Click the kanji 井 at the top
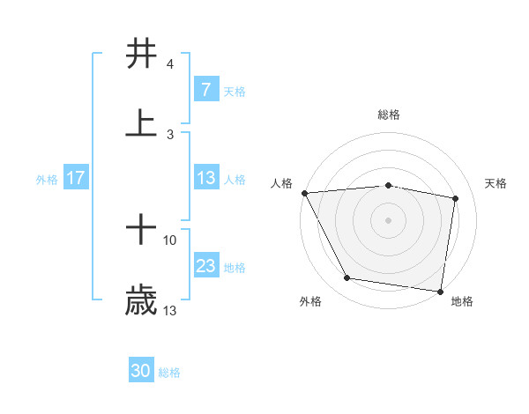(142, 54)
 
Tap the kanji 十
(142, 231)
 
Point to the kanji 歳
(142, 301)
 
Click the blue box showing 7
(205, 89)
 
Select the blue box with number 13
(205, 178)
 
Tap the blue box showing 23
(205, 266)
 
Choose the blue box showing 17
(75, 178)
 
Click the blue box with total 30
(141, 372)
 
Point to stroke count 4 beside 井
(169, 64)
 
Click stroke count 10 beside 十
(170, 240)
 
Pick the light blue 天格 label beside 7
(235, 90)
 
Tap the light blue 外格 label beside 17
(47, 179)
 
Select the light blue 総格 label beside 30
(169, 373)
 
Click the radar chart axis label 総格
(389, 115)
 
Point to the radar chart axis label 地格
(462, 301)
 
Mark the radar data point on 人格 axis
(304, 193)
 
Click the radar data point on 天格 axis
(456, 198)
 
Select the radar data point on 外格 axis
(347, 278)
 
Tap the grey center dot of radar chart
(389, 220)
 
